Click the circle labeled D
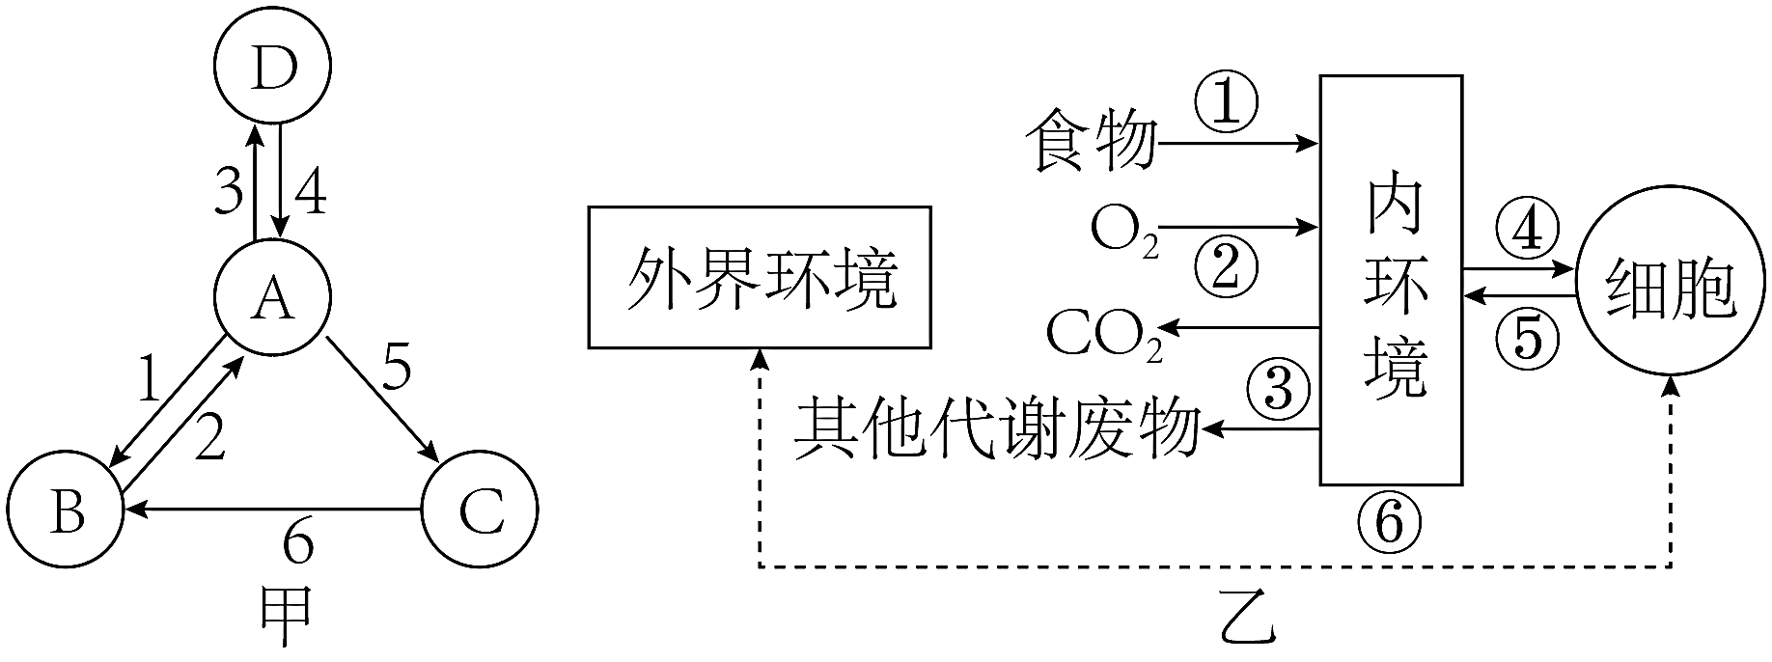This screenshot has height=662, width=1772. pyautogui.click(x=273, y=67)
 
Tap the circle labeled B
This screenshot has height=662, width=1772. pyautogui.click(x=68, y=510)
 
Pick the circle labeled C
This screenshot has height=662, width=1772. pyautogui.click(x=480, y=510)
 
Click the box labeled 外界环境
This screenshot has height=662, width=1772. pyautogui.click(x=760, y=276)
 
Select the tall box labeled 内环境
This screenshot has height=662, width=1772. pyautogui.click(x=1391, y=280)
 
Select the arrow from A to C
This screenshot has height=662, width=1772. pyautogui.click(x=382, y=396)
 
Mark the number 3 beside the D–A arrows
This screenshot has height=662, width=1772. pyautogui.click(x=229, y=191)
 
